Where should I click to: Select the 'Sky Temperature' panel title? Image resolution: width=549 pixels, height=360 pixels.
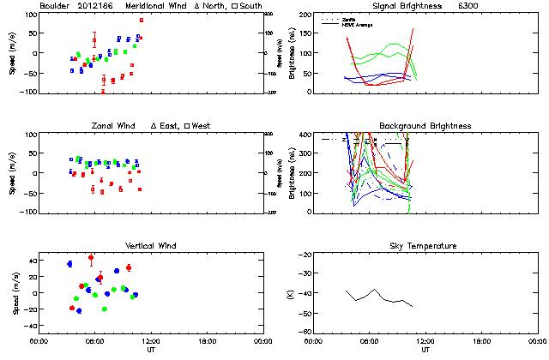click(425, 246)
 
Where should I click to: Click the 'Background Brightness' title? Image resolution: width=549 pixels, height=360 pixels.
click(425, 126)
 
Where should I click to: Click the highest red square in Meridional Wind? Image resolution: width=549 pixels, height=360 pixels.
click(142, 20)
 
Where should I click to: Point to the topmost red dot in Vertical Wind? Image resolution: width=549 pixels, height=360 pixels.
click(91, 257)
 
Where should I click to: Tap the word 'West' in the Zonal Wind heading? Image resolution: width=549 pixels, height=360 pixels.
click(202, 126)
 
